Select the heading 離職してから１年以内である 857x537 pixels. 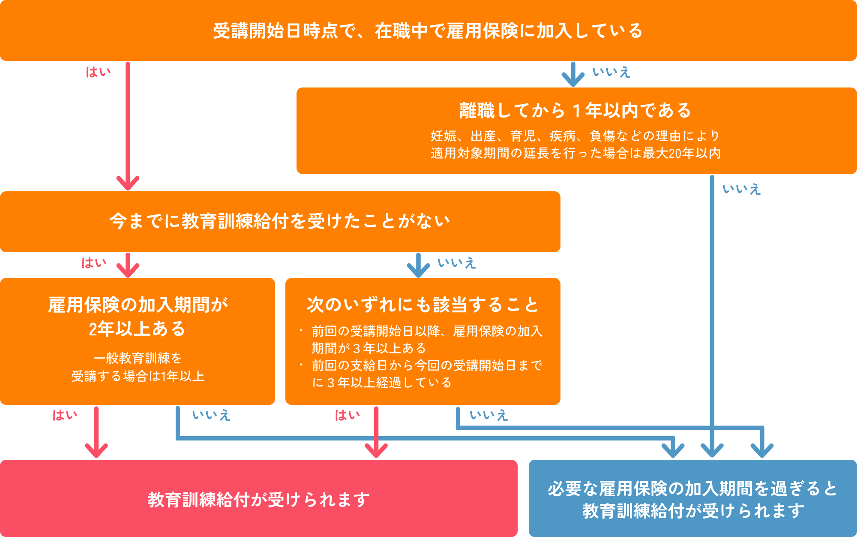coord(575,111)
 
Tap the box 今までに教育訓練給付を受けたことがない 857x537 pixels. coord(280,221)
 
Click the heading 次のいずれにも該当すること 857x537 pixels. coord(423,305)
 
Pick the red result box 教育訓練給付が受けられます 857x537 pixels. coord(259,499)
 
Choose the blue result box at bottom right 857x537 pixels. coord(692,499)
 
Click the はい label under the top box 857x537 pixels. coord(98,72)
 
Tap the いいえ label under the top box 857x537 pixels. coord(611,72)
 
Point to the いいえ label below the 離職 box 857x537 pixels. coord(742,189)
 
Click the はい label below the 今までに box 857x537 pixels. coord(94,263)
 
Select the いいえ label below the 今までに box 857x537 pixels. coord(457,263)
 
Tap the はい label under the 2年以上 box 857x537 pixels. coord(65,415)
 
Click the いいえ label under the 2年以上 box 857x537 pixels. coord(211,415)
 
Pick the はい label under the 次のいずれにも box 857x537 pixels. coord(347,415)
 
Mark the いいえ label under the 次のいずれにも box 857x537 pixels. coord(489,415)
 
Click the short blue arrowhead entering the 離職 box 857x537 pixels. coord(573,80)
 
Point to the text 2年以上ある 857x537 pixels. coord(137,329)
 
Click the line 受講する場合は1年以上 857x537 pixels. coord(138,376)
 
